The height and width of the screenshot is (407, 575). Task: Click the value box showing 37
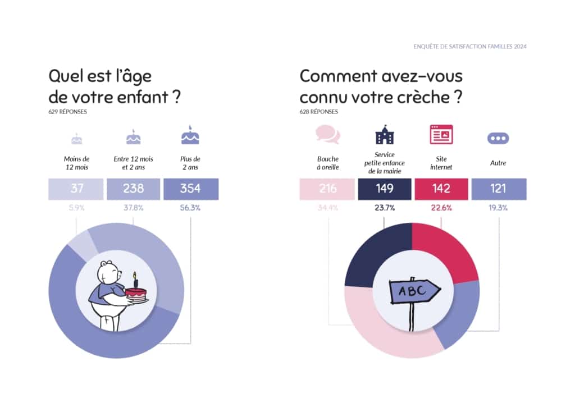coord(76,189)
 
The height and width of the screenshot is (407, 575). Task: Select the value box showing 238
coord(134,189)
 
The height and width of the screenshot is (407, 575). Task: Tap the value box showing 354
coord(191,189)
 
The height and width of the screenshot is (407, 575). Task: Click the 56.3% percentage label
coord(191,208)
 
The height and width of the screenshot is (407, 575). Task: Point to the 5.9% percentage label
coord(76,208)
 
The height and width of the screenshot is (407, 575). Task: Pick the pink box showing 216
coord(328,189)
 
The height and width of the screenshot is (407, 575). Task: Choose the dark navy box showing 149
coord(385,189)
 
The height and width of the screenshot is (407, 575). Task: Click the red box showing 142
coord(441,189)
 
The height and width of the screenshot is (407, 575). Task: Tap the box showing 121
coord(498,189)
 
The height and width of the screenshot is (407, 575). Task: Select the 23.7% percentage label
coord(385,208)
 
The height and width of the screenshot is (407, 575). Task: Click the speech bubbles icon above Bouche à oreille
coord(328,135)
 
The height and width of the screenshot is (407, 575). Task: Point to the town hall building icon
coord(385,135)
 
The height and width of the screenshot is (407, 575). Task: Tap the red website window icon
coord(441,135)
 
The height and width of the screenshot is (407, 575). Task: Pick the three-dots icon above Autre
coord(498,137)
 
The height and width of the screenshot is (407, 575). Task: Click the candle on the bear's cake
coord(135,278)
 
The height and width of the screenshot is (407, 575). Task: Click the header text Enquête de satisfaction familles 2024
coord(470,47)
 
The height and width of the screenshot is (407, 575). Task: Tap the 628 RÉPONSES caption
coord(318,112)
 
